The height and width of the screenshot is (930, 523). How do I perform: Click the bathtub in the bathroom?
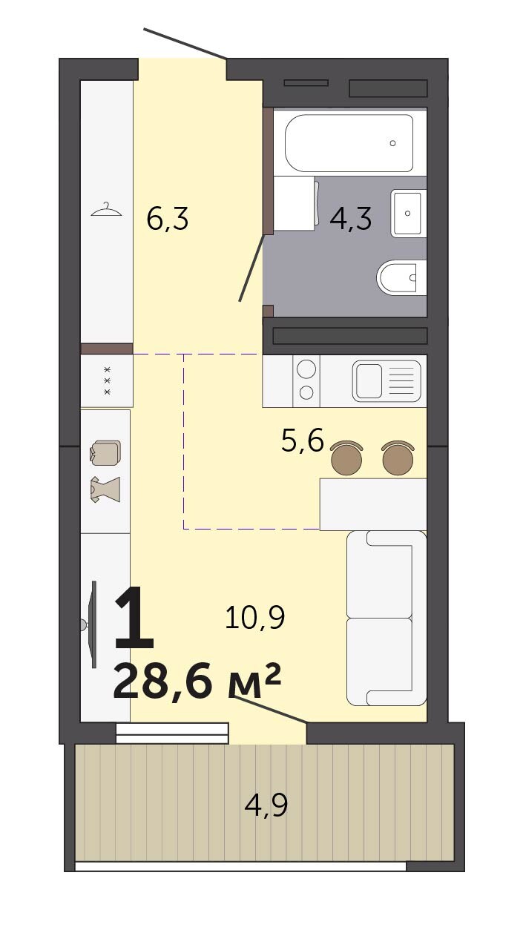(349, 143)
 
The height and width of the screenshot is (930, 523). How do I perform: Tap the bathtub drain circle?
(392, 143)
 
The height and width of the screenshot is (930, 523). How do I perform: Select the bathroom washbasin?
(409, 214)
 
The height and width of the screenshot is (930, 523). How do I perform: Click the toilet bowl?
(401, 277)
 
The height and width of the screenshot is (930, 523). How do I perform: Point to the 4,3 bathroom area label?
(351, 219)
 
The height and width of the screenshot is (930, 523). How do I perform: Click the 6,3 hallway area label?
(168, 219)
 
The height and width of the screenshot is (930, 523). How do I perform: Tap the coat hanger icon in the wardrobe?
(106, 210)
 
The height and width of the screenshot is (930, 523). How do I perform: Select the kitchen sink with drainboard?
(387, 381)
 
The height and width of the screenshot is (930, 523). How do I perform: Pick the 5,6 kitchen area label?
(303, 440)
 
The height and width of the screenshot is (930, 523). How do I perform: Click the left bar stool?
(346, 458)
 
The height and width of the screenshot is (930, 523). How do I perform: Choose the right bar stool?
(398, 458)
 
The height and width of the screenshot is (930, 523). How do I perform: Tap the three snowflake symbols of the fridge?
(107, 380)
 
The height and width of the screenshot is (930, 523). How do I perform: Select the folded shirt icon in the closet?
(105, 452)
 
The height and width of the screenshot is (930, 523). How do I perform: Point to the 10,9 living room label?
(254, 617)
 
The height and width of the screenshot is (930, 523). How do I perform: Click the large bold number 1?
(134, 617)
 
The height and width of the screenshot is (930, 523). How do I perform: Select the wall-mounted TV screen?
(94, 624)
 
